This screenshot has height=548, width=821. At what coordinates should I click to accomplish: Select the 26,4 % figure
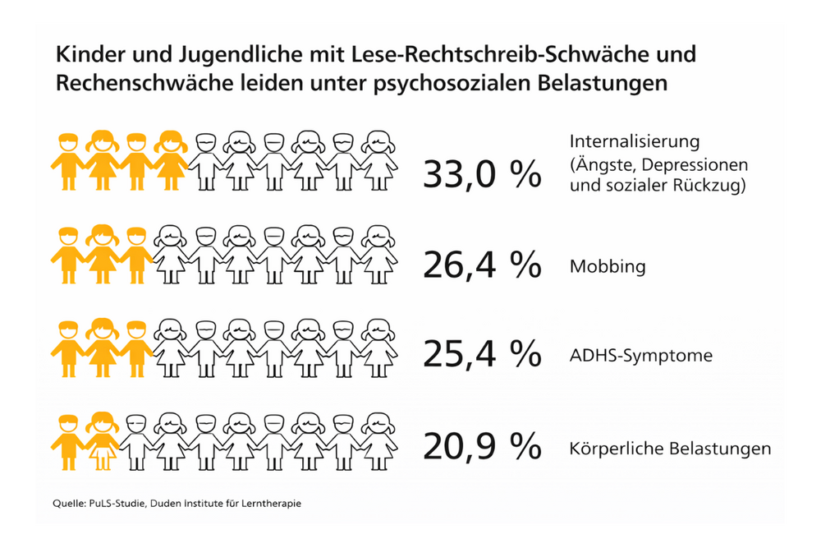482,265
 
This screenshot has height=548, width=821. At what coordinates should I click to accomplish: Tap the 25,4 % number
482,354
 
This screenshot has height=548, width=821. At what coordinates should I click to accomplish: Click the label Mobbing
608,267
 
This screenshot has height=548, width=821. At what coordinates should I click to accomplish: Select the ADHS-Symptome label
640,357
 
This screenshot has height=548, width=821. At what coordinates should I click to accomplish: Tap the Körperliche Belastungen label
670,449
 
